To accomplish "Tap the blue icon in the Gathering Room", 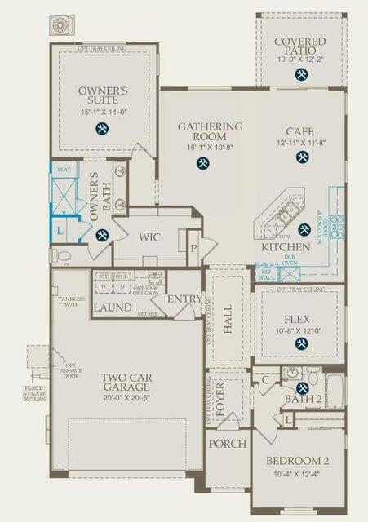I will click(201, 163).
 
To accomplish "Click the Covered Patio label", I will click(300, 46).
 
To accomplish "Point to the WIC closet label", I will click(149, 237).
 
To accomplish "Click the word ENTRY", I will click(184, 299).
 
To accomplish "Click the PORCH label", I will click(228, 444).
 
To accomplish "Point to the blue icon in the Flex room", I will click(300, 343).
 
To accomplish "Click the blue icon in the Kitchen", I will click(304, 230).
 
